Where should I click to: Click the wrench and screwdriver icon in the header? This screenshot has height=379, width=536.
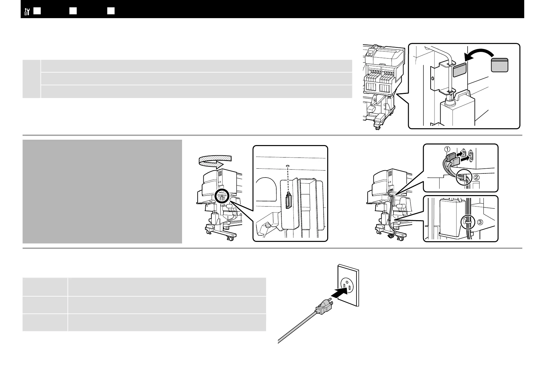[x=27, y=12]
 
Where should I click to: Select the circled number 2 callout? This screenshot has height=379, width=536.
[x=476, y=178]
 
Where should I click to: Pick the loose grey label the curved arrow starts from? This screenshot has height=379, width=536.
[x=499, y=65]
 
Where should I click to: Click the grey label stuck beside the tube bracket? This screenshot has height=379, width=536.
[x=460, y=70]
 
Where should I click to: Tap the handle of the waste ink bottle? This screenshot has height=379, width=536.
[x=466, y=95]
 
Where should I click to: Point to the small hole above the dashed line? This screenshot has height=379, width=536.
[x=288, y=166]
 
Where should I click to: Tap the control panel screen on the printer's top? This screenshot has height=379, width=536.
[x=370, y=53]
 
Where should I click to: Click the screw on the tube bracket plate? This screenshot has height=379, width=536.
[x=433, y=78]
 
